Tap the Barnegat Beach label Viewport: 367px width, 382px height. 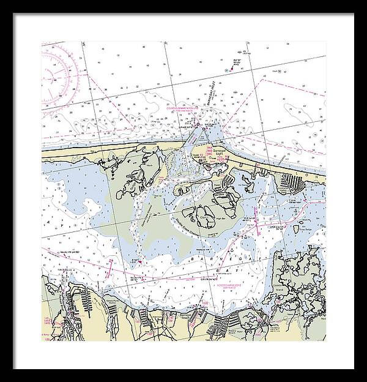[181, 316]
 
